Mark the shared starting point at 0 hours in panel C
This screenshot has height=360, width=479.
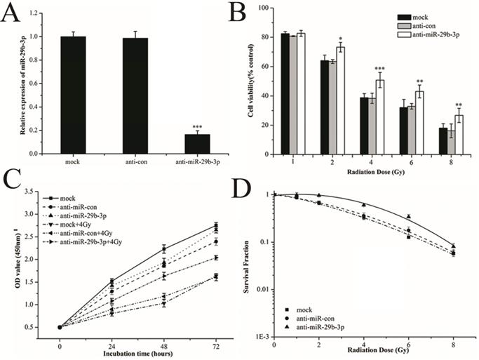click(60, 326)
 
